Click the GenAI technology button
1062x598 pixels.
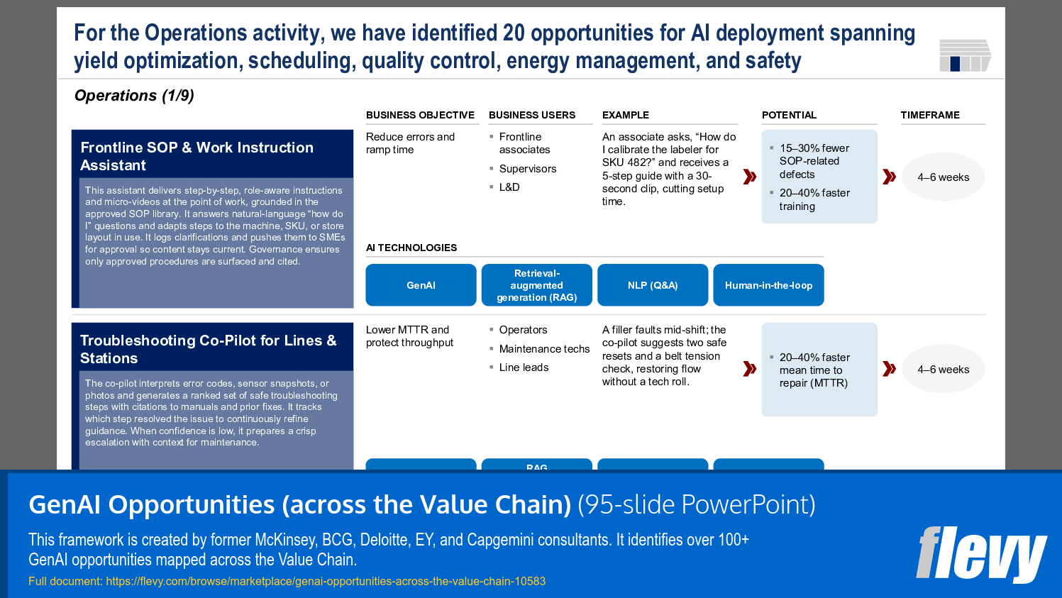pyautogui.click(x=421, y=285)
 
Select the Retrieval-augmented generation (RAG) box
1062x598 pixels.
pyautogui.click(x=536, y=285)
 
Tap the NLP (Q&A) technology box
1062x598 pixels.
pyautogui.click(x=653, y=285)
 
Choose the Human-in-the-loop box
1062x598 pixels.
pyautogui.click(x=768, y=285)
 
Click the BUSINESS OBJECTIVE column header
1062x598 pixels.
pyautogui.click(x=420, y=115)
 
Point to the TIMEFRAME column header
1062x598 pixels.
pyautogui.click(x=930, y=115)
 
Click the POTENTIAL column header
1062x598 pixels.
pyautogui.click(x=789, y=115)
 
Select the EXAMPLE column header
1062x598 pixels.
pyautogui.click(x=626, y=115)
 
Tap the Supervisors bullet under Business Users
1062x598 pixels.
pyautogui.click(x=527, y=169)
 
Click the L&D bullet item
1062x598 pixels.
pyautogui.click(x=509, y=187)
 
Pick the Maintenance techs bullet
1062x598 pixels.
pyautogui.click(x=544, y=349)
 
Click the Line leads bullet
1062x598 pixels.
pyautogui.click(x=524, y=367)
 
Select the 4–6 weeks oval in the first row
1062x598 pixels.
pyautogui.click(x=943, y=177)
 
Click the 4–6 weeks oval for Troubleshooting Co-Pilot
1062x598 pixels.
pyautogui.click(x=943, y=370)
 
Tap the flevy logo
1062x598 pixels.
pyautogui.click(x=981, y=554)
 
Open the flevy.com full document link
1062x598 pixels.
pyautogui.click(x=325, y=582)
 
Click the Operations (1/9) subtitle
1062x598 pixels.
pyautogui.click(x=134, y=96)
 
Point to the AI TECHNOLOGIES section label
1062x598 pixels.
pyautogui.click(x=411, y=248)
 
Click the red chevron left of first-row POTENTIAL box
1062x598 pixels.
pyautogui.click(x=749, y=177)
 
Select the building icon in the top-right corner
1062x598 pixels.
pyautogui.click(x=964, y=55)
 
